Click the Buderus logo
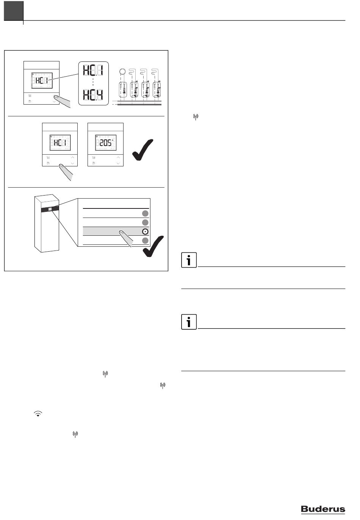(x=323, y=509)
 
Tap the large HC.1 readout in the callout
(x=93, y=70)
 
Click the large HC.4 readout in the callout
(x=93, y=95)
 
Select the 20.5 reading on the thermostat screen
(x=105, y=143)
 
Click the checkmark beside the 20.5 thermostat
(x=142, y=150)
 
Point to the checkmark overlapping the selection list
(x=153, y=246)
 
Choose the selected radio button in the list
(x=145, y=232)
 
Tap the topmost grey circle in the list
(x=145, y=213)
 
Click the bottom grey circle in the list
(x=145, y=241)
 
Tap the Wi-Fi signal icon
(x=38, y=413)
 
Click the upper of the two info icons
(x=189, y=260)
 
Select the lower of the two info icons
(x=189, y=322)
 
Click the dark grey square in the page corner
(x=14, y=11)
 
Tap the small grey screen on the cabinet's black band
(x=50, y=209)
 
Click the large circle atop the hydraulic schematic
(x=122, y=71)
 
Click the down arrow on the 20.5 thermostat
(x=118, y=163)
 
